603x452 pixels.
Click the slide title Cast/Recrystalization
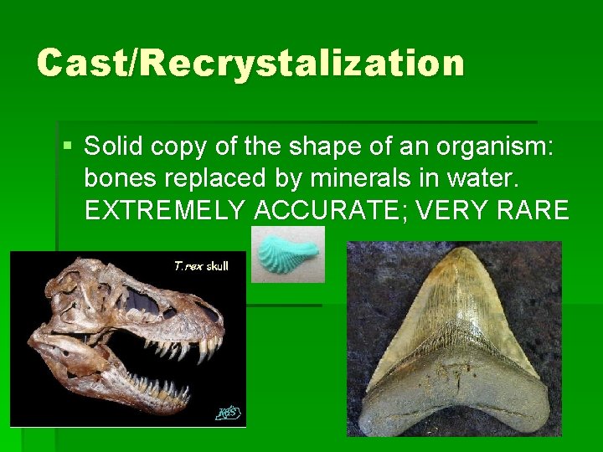[250, 63]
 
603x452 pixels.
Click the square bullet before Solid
[68, 147]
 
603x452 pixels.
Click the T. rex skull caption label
[201, 266]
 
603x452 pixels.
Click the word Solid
[112, 148]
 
